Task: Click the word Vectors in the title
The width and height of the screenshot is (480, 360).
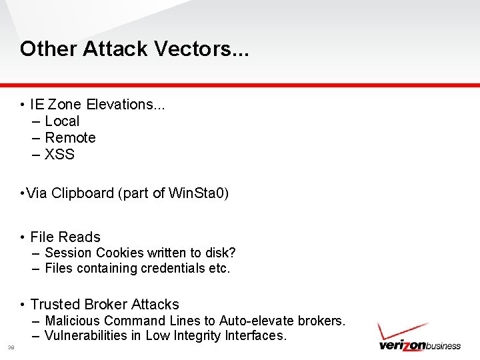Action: pyautogui.click(x=201, y=49)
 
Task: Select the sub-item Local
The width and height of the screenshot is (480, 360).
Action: pyautogui.click(x=62, y=121)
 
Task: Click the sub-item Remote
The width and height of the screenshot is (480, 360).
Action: pyautogui.click(x=70, y=138)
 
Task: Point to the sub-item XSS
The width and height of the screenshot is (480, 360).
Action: pyautogui.click(x=59, y=155)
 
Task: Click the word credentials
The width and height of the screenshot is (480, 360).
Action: pyautogui.click(x=175, y=269)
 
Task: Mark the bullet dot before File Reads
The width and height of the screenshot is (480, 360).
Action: pyautogui.click(x=23, y=237)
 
